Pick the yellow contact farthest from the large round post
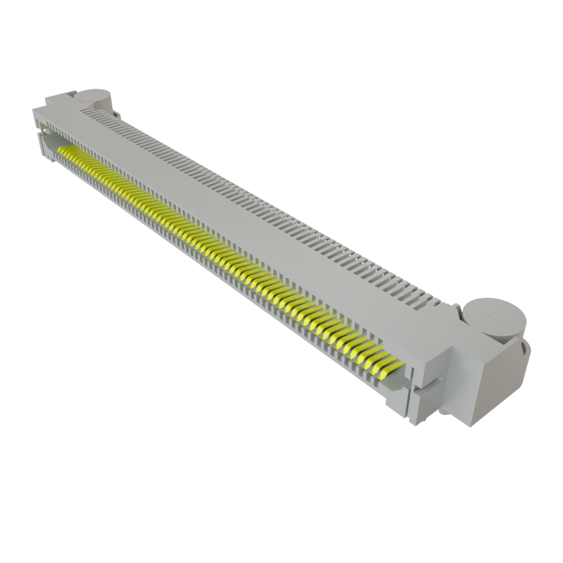click(x=62, y=149)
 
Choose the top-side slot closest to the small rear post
click(x=88, y=111)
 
